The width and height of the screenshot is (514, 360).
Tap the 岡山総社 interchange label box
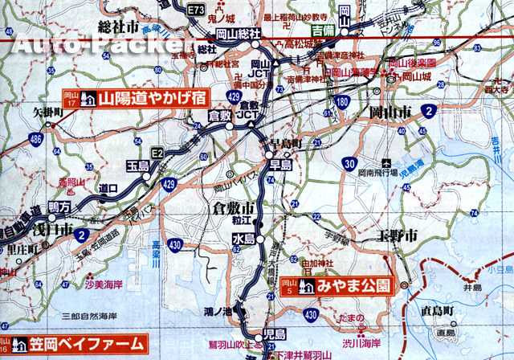coord(239,33)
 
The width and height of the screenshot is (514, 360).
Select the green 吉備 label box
coord(323,30)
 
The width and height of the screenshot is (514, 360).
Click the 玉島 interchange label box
coord(137,165)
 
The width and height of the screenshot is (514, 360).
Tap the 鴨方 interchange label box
coord(59,207)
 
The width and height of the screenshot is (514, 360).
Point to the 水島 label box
coord(243,239)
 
